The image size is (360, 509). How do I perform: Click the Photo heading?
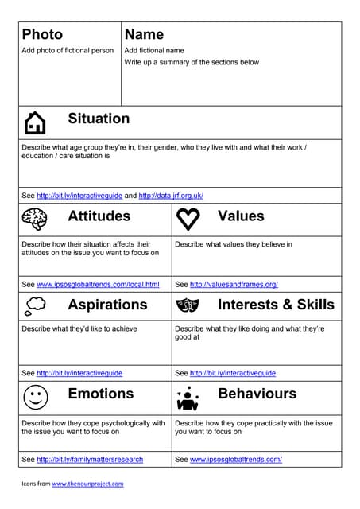click(42, 34)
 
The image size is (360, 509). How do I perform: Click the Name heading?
click(144, 34)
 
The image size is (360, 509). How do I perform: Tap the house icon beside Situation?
click(35, 122)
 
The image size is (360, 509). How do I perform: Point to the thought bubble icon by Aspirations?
click(35, 305)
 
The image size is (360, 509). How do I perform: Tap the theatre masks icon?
click(188, 305)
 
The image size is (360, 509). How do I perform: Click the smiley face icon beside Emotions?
click(35, 395)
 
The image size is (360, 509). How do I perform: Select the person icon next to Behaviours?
click(188, 395)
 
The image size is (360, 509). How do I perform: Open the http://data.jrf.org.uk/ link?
click(171, 196)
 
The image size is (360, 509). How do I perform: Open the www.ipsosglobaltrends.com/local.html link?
click(98, 284)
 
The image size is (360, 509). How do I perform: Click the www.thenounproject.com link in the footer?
click(87, 484)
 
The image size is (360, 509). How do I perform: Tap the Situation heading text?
click(99, 119)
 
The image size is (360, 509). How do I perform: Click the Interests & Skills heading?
click(276, 305)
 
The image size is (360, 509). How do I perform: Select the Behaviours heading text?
click(257, 394)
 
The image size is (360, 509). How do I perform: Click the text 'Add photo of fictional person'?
click(68, 50)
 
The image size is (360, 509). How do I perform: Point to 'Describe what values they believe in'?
click(234, 244)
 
